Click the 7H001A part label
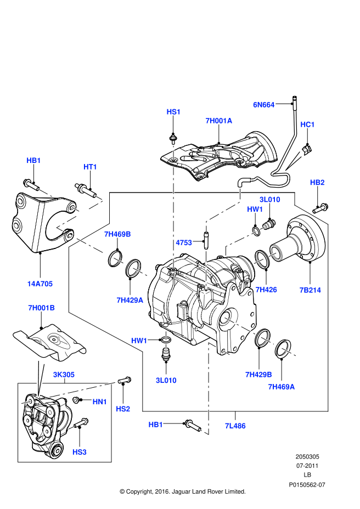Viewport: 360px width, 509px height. [x=218, y=121]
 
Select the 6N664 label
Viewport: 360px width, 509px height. [x=263, y=104]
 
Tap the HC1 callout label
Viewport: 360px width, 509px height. [x=307, y=125]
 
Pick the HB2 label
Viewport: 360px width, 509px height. [x=317, y=182]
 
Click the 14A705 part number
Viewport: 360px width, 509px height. [x=40, y=284]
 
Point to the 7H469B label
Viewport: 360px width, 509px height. [x=117, y=234]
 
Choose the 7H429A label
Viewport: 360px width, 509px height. [x=130, y=299]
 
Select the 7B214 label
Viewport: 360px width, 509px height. [x=310, y=290]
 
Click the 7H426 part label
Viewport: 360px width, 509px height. [x=266, y=290]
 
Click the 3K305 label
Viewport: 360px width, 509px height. [x=64, y=375]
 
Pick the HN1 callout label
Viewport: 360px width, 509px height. [x=99, y=402]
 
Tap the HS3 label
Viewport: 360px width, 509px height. [x=80, y=451]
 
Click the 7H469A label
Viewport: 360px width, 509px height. [x=281, y=387]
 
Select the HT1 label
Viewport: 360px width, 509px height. [x=90, y=167]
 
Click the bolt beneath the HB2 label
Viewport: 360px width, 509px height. [x=320, y=208]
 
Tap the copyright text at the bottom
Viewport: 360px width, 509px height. [x=182, y=491]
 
